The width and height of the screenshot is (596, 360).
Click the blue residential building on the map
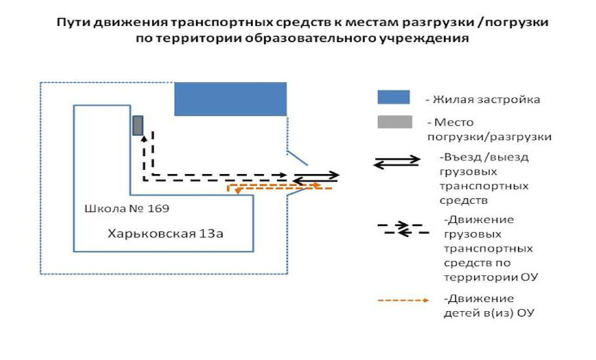point(230,98)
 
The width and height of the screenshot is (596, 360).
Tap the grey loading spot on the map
point(138,125)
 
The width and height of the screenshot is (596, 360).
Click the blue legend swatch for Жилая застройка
point(393,98)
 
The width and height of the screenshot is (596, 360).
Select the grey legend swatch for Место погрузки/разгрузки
point(394,122)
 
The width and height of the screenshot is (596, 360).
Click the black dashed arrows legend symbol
point(402,228)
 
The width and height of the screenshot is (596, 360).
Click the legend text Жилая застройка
point(487,99)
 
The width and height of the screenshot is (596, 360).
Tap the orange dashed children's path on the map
point(275,187)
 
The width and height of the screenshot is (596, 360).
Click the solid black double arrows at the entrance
point(316,177)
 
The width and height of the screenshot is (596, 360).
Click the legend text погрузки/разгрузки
point(489,137)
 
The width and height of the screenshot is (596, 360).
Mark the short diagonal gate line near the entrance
point(299,158)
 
